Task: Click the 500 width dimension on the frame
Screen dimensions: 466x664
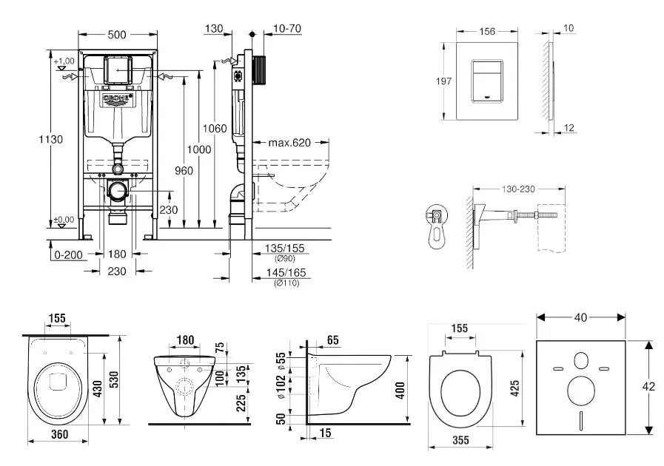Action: (117, 35)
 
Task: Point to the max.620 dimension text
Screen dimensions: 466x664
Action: (289, 142)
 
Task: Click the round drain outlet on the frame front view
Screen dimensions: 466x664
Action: (117, 190)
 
